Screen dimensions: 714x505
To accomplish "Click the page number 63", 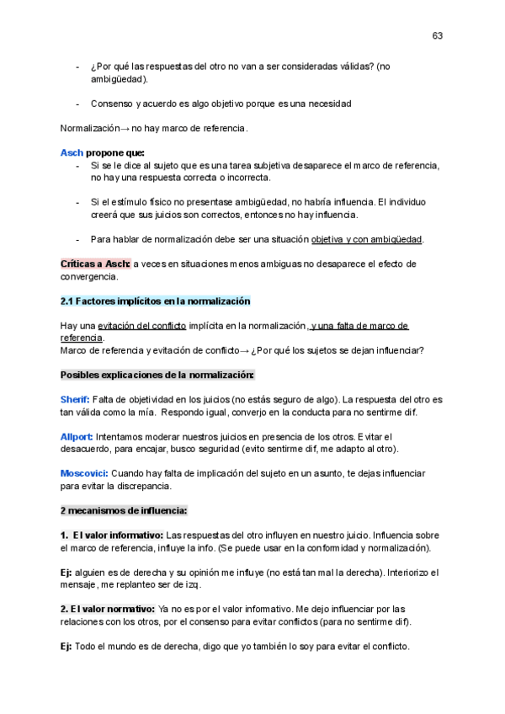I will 438,35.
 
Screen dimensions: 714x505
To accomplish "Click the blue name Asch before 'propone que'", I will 72,152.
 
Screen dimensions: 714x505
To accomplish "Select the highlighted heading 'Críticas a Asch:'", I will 95,264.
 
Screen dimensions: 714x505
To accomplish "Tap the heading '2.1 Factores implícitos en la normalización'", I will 155,301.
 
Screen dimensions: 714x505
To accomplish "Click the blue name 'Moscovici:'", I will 84,473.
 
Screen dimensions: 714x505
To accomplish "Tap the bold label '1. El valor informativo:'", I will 112,535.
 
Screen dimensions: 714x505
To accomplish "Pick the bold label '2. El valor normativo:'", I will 108,609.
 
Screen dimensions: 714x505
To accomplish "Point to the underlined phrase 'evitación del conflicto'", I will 142,325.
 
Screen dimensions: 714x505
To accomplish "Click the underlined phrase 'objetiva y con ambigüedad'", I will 366,238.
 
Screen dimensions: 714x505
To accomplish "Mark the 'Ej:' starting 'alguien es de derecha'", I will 66,572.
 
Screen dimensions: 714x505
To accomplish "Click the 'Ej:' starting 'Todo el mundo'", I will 66,646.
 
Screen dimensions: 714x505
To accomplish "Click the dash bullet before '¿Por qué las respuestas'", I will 78,67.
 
